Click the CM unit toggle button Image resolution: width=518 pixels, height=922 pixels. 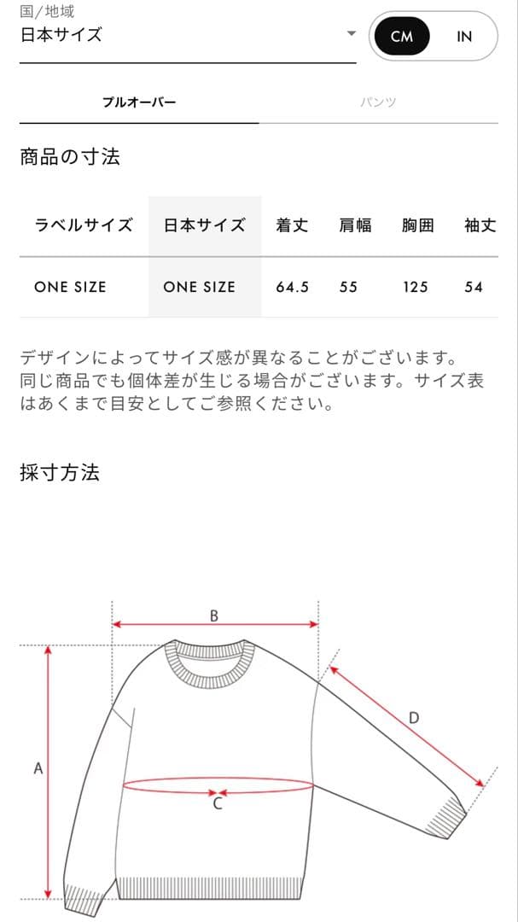[401, 37]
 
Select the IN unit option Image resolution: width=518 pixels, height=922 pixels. [464, 37]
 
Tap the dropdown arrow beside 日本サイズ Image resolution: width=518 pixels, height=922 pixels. [351, 34]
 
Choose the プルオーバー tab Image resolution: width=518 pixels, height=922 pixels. [139, 102]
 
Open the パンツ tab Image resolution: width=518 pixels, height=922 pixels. [378, 102]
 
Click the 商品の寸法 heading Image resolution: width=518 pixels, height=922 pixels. [70, 157]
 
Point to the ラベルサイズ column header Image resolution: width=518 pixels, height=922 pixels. [84, 225]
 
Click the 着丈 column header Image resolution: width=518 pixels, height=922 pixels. [292, 225]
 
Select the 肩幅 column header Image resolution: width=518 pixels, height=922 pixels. [355, 225]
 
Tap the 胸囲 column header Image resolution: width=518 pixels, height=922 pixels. [417, 225]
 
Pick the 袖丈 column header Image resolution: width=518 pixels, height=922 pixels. [480, 225]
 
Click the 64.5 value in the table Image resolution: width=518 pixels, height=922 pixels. [292, 287]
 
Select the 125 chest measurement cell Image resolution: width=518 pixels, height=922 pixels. [416, 287]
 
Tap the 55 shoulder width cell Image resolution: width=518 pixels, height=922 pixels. [348, 287]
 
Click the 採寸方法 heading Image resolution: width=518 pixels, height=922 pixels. [60, 473]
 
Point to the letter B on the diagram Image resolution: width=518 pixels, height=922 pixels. [214, 616]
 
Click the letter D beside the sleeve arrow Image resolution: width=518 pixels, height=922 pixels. [414, 718]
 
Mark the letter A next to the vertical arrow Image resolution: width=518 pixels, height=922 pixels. [38, 768]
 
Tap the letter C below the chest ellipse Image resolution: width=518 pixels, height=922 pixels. [218, 803]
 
